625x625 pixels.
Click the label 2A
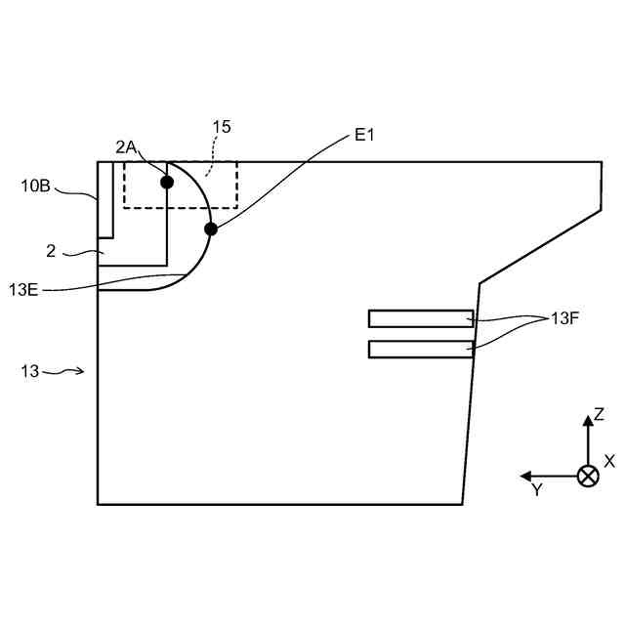(127, 147)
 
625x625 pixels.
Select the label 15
(222, 127)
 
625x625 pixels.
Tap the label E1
(364, 136)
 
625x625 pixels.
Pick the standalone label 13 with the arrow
(30, 371)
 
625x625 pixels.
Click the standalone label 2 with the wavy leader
(51, 252)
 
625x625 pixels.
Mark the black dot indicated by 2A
(167, 182)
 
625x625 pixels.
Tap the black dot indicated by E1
(210, 229)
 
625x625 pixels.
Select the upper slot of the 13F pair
(421, 318)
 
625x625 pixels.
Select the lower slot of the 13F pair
(421, 350)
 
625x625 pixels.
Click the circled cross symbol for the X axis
(588, 477)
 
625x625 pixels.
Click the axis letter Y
(536, 490)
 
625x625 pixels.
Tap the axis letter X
(610, 460)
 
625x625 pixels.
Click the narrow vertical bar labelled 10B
(106, 199)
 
